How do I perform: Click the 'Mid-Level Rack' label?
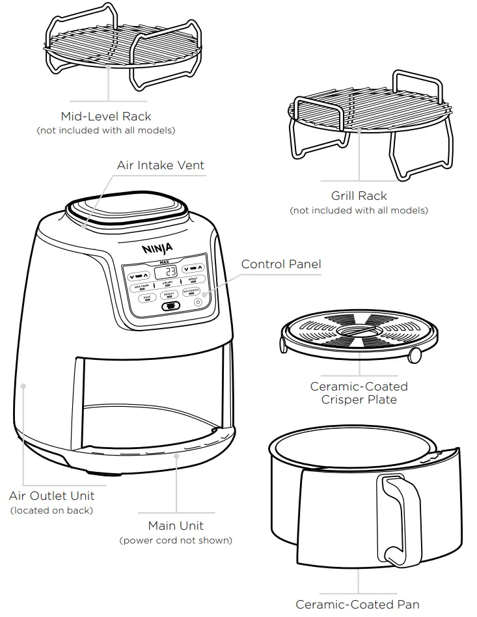(105, 117)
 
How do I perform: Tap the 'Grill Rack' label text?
(359, 196)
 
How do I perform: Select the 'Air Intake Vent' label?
(160, 165)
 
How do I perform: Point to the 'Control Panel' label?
(280, 264)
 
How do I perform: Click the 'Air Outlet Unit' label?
(51, 496)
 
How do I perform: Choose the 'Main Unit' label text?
(176, 525)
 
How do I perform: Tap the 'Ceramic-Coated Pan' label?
(357, 605)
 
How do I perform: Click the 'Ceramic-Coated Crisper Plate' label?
(359, 393)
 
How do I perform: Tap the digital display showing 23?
(169, 271)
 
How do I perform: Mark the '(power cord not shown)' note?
(176, 540)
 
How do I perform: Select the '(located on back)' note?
(51, 510)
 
